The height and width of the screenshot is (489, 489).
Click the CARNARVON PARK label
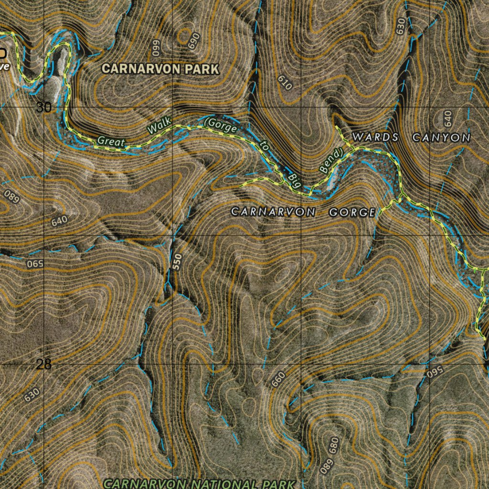(x=160, y=69)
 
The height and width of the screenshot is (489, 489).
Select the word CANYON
(x=442, y=138)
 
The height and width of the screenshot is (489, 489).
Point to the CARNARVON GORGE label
(x=303, y=212)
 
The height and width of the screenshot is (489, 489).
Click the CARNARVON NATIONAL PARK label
(x=200, y=484)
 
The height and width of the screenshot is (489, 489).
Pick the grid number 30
(x=44, y=107)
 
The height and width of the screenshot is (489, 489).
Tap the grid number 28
(x=43, y=364)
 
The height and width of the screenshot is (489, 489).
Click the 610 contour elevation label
(x=285, y=84)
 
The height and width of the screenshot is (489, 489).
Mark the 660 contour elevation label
(x=278, y=379)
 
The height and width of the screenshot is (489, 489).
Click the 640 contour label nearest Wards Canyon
(x=447, y=117)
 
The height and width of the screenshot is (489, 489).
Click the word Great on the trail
(x=111, y=141)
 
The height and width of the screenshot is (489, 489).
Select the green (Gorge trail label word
(x=221, y=126)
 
